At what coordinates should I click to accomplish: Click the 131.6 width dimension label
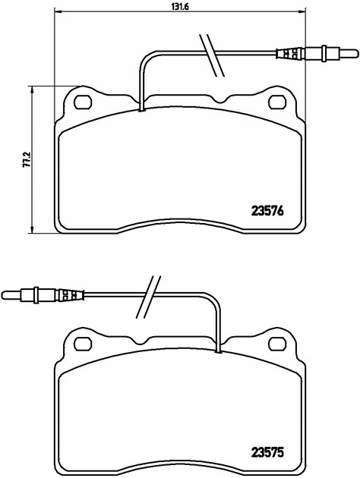[181, 6]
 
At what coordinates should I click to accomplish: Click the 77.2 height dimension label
[27, 159]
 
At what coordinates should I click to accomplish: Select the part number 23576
[267, 211]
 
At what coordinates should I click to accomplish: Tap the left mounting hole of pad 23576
[83, 102]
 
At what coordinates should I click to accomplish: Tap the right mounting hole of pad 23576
[277, 102]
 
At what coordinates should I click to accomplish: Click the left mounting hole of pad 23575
[83, 344]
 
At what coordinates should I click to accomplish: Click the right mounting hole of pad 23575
[277, 344]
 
